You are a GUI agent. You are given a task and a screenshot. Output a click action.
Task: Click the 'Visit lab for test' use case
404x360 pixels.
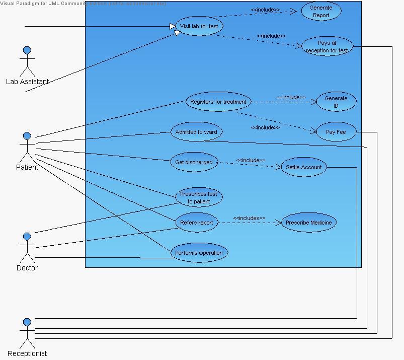199,26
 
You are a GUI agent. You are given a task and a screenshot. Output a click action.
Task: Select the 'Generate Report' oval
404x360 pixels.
321,11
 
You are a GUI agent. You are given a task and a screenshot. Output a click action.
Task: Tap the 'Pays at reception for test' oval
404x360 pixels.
327,46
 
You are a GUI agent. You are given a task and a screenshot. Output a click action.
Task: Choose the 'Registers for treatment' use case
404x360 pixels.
218,102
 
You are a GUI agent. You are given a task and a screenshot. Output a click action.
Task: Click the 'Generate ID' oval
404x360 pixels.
336,102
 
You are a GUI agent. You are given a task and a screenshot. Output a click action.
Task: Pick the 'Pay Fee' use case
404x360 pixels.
336,132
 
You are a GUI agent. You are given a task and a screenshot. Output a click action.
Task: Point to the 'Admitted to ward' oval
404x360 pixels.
196,132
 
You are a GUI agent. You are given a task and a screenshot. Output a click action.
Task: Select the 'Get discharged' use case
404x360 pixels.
194,162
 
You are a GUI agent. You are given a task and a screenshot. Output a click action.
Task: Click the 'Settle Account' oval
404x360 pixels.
304,167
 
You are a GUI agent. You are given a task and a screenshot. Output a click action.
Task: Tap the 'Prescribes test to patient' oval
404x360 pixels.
199,197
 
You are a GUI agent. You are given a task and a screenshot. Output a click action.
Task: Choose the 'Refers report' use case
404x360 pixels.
197,223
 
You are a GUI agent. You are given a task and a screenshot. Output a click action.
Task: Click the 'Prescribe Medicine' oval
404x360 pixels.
308,223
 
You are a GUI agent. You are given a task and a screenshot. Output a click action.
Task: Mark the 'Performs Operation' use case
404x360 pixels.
199,253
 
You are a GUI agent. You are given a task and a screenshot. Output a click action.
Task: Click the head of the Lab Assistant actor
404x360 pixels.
27,50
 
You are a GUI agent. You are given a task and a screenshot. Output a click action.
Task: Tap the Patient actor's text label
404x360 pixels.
27,167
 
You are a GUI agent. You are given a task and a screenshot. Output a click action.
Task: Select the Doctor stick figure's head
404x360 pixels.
27,237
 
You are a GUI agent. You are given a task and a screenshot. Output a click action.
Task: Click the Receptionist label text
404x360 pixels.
27,353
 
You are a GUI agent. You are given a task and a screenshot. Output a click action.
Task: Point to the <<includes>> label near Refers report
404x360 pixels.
249,218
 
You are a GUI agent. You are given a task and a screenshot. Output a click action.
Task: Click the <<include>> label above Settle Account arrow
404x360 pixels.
251,160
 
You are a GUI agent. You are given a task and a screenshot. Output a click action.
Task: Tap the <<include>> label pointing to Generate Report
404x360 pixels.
265,10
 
